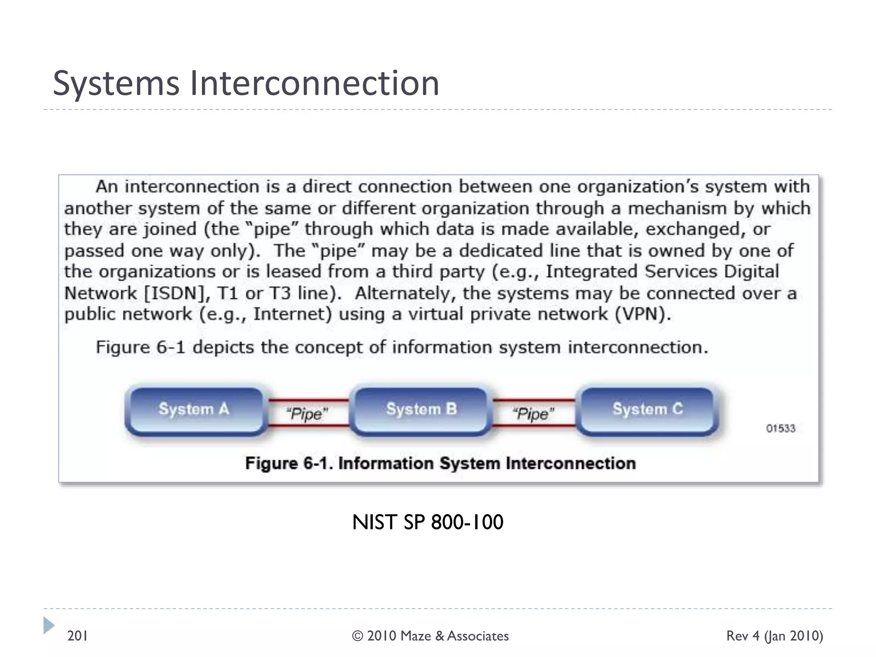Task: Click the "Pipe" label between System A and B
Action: [307, 414]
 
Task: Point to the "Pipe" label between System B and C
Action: [533, 414]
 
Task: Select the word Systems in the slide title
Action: [116, 83]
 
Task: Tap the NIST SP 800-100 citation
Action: [427, 522]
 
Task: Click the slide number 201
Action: [77, 636]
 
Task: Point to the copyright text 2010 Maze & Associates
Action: [430, 636]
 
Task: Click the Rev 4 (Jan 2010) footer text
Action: [774, 636]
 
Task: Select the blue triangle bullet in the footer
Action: [49, 625]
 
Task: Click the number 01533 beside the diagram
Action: [780, 429]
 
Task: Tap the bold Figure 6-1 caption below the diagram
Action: [440, 463]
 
